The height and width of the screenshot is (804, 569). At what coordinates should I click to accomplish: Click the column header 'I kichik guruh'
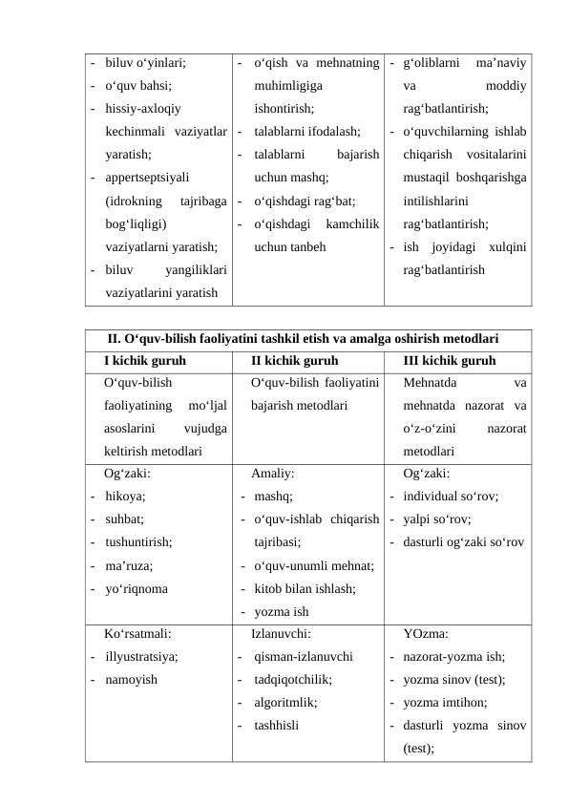144,361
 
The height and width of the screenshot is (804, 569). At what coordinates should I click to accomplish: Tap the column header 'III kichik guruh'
449,361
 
